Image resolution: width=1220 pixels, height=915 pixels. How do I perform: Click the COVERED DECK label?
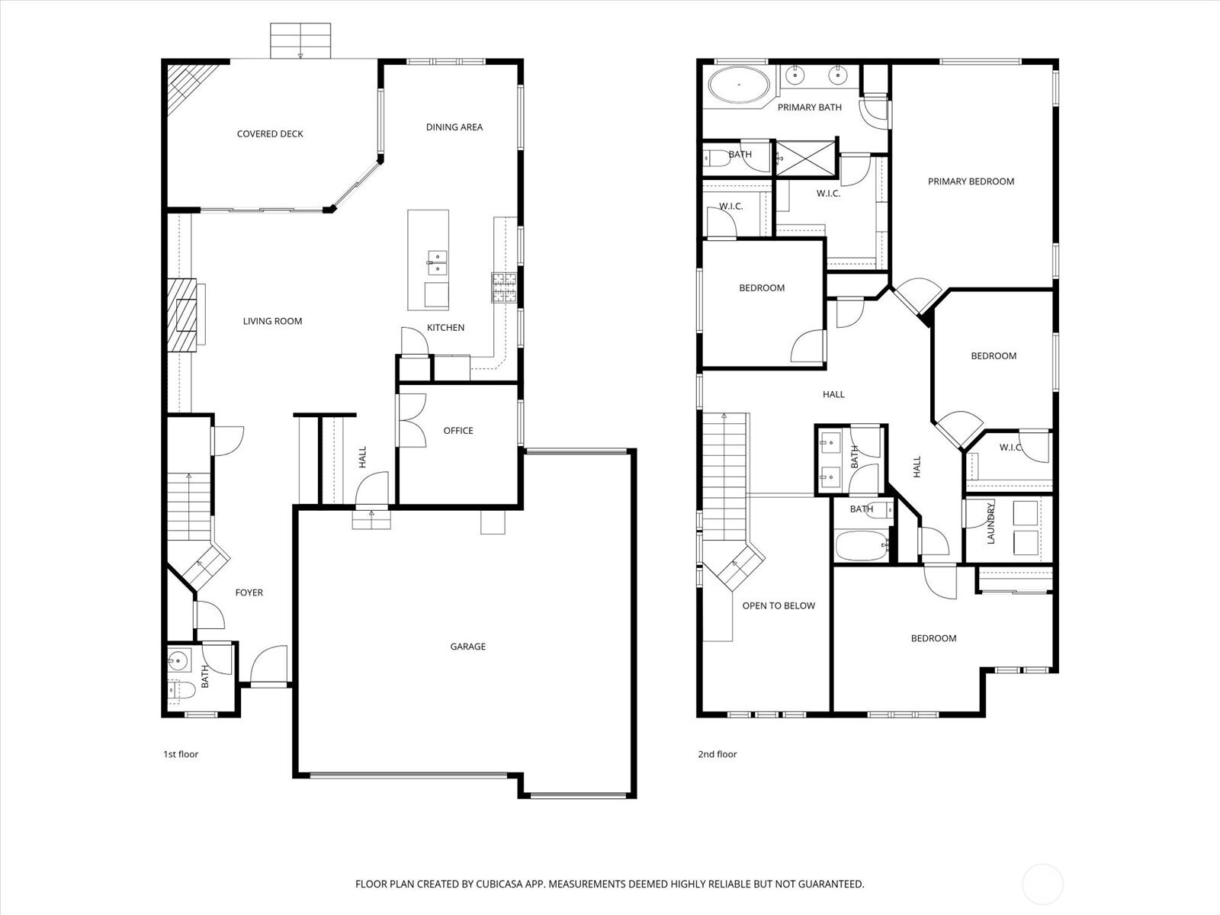click(270, 134)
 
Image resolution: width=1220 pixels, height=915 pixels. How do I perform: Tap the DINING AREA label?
click(454, 127)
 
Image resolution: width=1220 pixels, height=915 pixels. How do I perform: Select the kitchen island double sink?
click(436, 262)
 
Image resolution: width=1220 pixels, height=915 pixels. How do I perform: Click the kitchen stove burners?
click(504, 288)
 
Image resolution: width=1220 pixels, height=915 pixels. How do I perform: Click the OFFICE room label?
click(458, 431)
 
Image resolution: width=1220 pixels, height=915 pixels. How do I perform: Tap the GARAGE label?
click(467, 647)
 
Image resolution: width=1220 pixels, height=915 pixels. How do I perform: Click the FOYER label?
click(249, 592)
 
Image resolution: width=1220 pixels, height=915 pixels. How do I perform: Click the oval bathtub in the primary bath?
click(739, 85)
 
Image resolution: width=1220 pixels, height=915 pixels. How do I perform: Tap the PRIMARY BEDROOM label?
click(971, 181)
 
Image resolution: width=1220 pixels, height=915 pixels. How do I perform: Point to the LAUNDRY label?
click(991, 522)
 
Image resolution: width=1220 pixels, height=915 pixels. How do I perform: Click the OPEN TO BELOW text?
click(779, 606)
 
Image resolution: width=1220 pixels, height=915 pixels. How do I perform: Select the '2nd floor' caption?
click(718, 754)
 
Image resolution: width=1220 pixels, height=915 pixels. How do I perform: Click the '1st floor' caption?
click(181, 754)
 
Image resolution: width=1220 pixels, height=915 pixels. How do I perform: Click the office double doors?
click(412, 419)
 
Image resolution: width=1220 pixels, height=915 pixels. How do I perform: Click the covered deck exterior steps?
click(301, 40)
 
